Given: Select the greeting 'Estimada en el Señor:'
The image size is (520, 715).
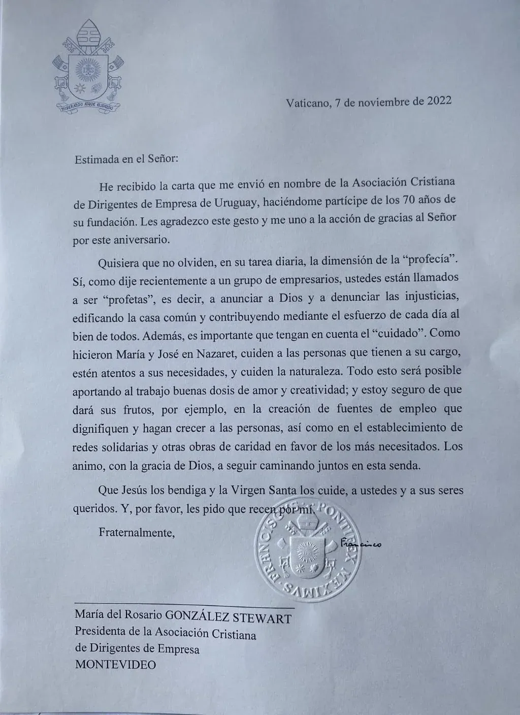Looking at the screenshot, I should click(126, 158).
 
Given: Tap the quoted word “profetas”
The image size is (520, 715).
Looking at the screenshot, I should click(127, 300).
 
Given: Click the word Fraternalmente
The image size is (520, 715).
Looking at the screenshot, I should click(137, 533).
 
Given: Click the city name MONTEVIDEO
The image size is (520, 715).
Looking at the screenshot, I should click(116, 665).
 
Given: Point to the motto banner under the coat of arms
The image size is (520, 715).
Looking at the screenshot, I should click(87, 107).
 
